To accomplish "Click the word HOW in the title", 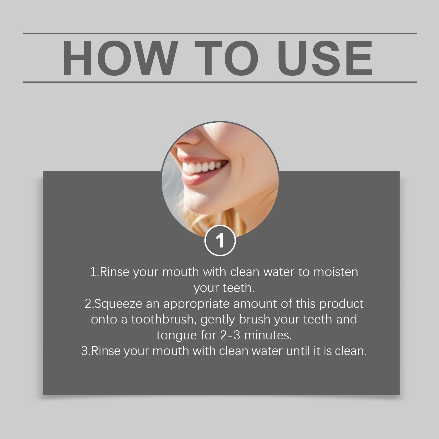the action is point(119,58).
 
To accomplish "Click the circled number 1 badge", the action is point(220,241).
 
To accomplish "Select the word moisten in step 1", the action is point(336,272).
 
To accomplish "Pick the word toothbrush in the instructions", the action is point(164,319).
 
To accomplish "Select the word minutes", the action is point(268,335).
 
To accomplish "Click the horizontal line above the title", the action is point(220,33).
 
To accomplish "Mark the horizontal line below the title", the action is point(220,82).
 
